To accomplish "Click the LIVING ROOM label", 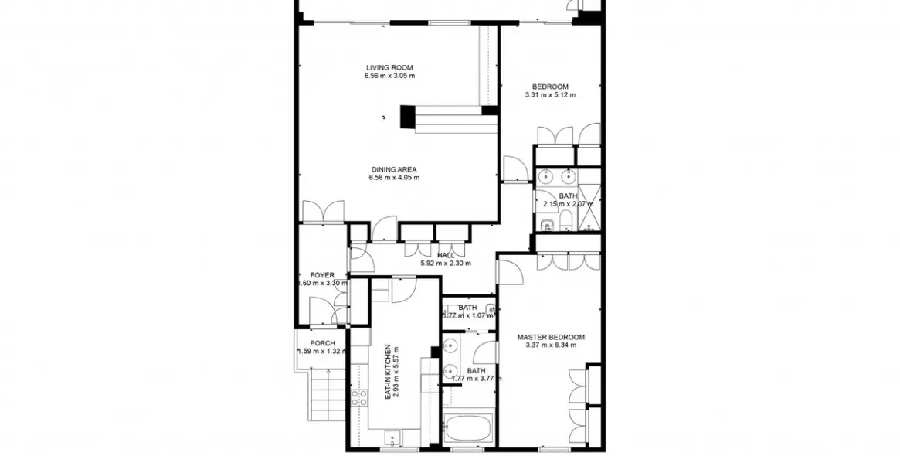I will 389,68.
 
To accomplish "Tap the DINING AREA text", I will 393,169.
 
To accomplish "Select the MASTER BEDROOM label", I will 550,337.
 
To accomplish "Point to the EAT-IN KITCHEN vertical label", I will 387,372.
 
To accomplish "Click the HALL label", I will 446,255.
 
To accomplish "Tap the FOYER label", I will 322,275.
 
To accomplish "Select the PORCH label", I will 322,343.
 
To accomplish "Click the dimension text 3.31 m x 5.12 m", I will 549,95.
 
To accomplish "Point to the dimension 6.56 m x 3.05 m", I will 389,77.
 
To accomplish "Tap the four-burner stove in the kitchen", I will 359,398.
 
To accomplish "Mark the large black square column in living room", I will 408,117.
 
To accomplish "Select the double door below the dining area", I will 323,210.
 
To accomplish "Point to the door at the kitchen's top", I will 403,289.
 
